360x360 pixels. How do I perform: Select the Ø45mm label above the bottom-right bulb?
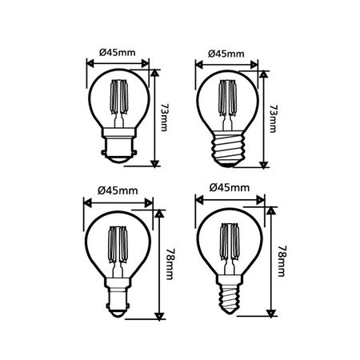coord(226,190)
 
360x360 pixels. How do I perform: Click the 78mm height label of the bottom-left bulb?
coord(170,260)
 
